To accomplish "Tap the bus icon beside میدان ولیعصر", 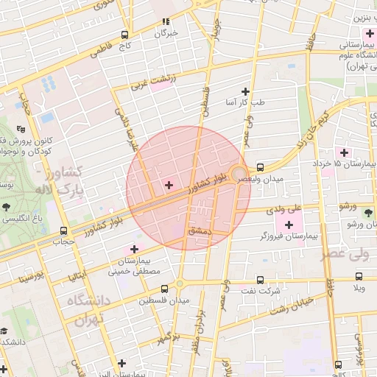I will point(261,167).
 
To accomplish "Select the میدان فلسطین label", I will point(169,301).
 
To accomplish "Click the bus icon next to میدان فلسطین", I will point(165,289).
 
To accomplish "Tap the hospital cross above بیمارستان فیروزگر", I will point(289,224).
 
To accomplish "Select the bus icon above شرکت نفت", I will point(261,280).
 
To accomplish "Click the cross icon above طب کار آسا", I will point(246,91).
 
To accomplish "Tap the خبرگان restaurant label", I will point(166,33).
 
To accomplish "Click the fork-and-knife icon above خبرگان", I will point(166,21).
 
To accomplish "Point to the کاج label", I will point(123,46).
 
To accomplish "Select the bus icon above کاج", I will point(125,34).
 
